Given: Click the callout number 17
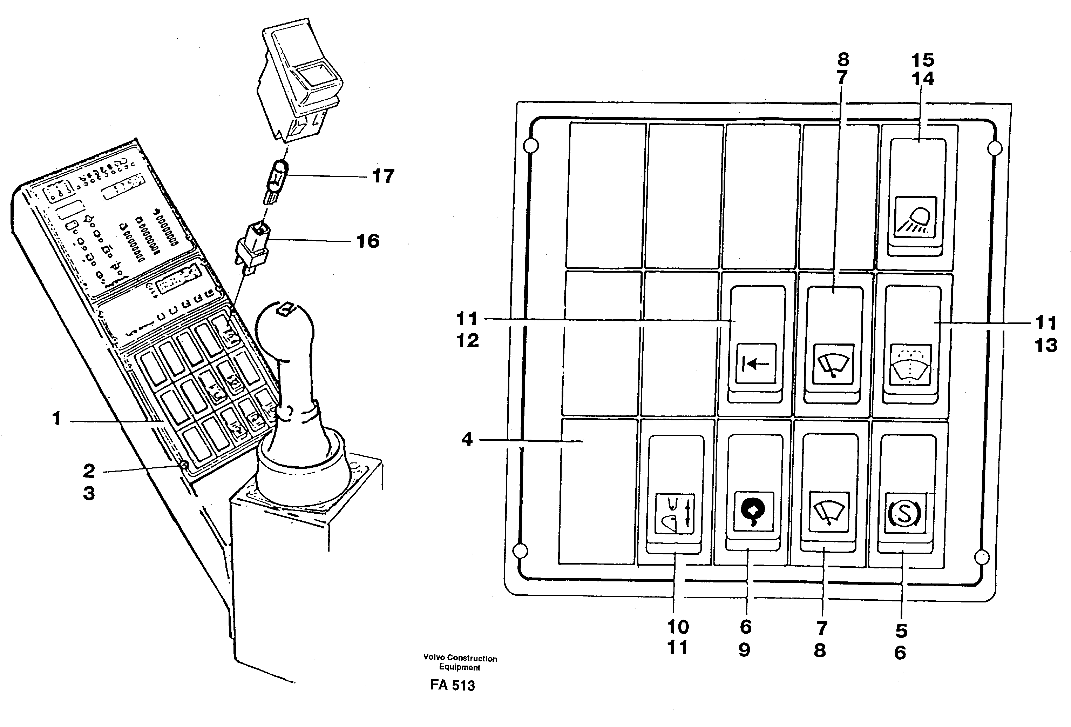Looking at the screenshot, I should pos(383,176).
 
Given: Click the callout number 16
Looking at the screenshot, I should pos(367,241).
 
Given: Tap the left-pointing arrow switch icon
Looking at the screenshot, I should pos(756,364).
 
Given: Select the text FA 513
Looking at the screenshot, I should pos(452,685).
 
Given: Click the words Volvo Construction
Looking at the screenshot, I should pos(460,658).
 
